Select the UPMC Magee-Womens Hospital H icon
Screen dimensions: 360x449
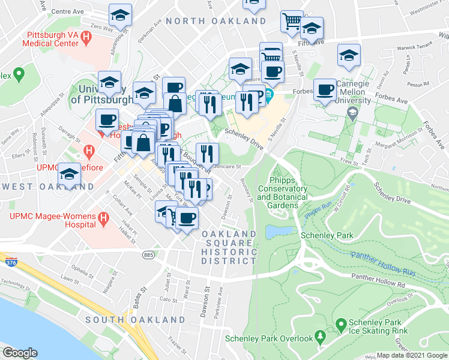[x=103, y=220]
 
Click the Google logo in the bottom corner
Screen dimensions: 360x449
[x=20, y=353]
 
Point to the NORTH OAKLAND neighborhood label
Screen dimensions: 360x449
[x=216, y=21]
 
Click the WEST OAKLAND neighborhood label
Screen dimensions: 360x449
[x=34, y=187]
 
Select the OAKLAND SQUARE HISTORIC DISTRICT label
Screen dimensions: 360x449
[x=229, y=247]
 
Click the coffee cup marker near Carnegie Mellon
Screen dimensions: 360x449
[x=325, y=89]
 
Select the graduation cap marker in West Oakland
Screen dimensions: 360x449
[x=70, y=173]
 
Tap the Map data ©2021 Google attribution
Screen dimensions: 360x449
[x=412, y=355]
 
